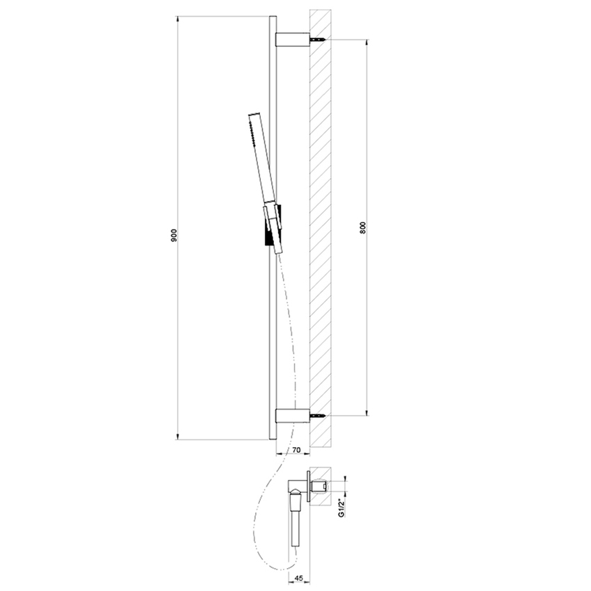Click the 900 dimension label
(172, 236)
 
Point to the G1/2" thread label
(341, 508)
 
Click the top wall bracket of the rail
(291, 40)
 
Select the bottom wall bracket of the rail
(291, 416)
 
